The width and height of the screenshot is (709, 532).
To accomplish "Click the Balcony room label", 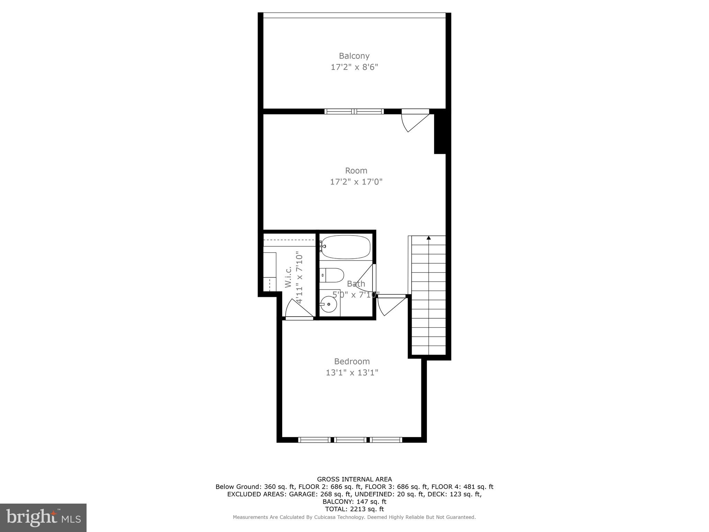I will pyautogui.click(x=354, y=56).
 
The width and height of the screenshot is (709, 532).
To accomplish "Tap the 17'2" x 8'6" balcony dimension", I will pyautogui.click(x=354, y=67).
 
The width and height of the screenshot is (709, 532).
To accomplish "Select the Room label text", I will pyautogui.click(x=356, y=170).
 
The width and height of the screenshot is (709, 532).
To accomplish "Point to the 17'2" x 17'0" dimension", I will pyautogui.click(x=356, y=182).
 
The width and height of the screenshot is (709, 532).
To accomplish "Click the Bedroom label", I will pyautogui.click(x=352, y=361).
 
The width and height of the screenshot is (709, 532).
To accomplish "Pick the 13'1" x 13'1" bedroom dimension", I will pyautogui.click(x=352, y=373).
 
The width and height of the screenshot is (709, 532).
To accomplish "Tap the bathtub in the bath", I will pyautogui.click(x=345, y=247).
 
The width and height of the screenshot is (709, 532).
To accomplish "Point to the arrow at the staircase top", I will pyautogui.click(x=429, y=238).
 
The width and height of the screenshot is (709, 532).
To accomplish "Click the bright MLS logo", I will pyautogui.click(x=43, y=517).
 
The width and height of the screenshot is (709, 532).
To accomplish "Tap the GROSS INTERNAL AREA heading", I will pyautogui.click(x=354, y=479).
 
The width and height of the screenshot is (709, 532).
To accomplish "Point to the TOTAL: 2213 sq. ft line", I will pyautogui.click(x=354, y=509).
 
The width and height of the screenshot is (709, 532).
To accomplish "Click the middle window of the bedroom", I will pyautogui.click(x=350, y=440).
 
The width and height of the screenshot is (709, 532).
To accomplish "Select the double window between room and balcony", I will pyautogui.click(x=354, y=112).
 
